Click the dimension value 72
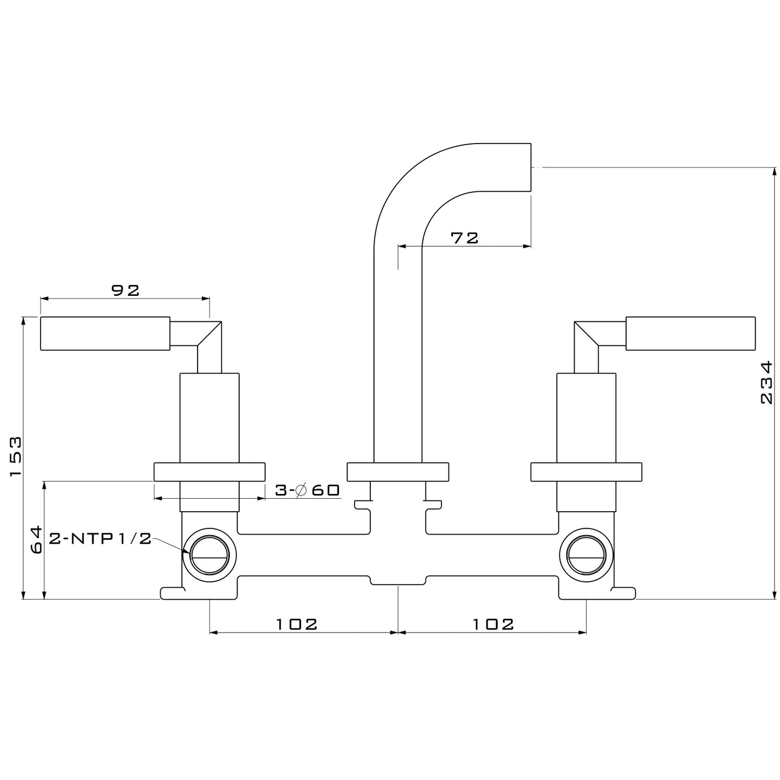465,238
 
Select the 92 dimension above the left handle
125,290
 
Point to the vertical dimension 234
766,383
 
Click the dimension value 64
36,540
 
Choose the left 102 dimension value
297,624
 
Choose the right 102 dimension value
493,624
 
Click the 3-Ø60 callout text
307,490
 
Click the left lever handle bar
105,334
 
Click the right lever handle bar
690,333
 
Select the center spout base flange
398,471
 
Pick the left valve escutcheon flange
209,471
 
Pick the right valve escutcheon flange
586,471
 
